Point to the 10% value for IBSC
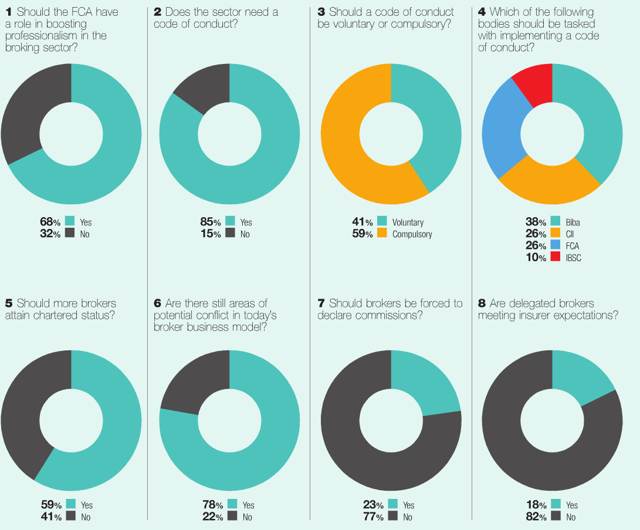pyautogui.click(x=536, y=258)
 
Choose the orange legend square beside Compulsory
pyautogui.click(x=382, y=234)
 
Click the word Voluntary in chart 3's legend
pyautogui.click(x=408, y=222)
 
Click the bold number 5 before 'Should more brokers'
pyautogui.click(x=8, y=303)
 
